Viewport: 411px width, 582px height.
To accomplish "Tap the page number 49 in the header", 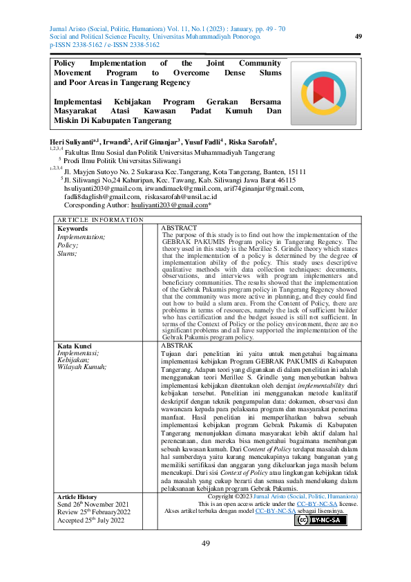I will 358,36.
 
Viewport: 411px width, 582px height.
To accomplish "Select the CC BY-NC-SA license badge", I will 321,520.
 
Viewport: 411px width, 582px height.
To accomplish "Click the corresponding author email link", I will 169,205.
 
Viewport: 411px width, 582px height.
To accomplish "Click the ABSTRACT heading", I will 178,227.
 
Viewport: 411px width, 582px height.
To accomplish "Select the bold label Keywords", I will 72,228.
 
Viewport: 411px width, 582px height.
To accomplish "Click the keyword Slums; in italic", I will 68,253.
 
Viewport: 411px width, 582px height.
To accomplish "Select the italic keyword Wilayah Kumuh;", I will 82,366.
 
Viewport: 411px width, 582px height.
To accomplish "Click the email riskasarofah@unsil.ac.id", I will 180,196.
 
